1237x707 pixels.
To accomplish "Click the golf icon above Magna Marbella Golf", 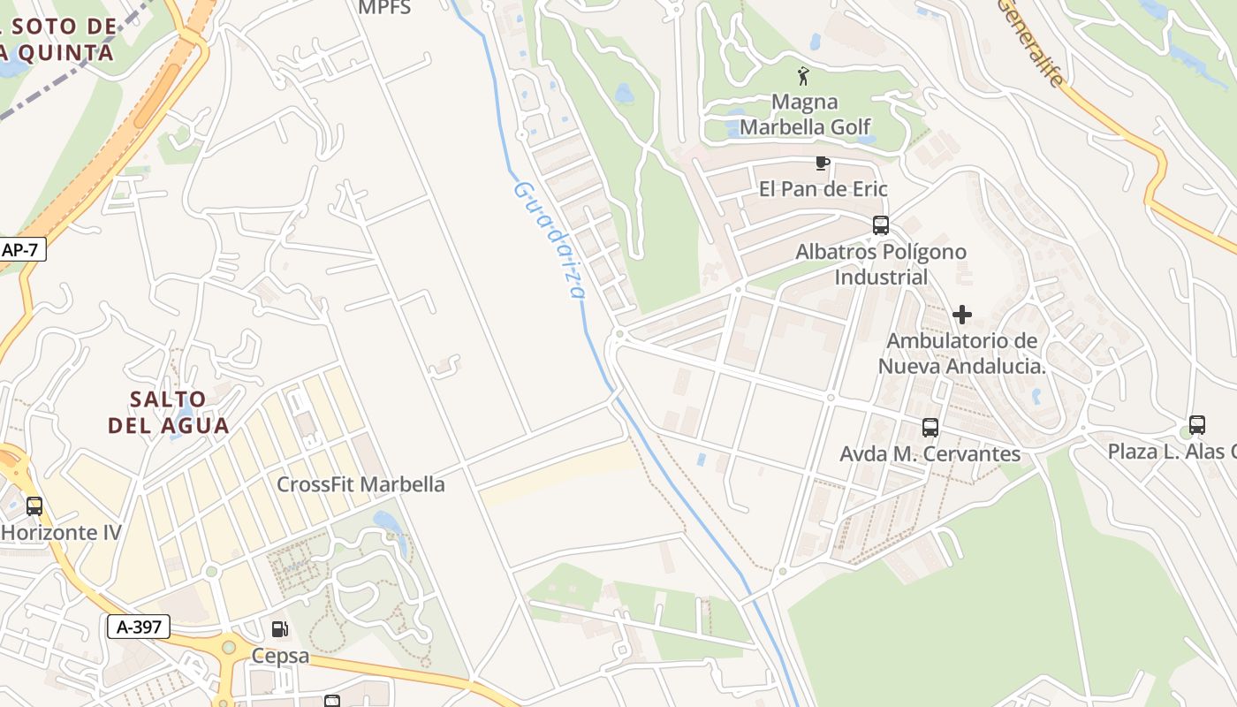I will pyautogui.click(x=802, y=76).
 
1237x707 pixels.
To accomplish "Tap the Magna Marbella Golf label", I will pyautogui.click(x=804, y=114).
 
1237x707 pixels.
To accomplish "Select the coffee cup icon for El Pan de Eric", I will pyautogui.click(x=822, y=163).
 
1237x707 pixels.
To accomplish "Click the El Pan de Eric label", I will pyautogui.click(x=823, y=189).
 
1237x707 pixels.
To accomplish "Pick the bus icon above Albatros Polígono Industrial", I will pyautogui.click(x=880, y=225).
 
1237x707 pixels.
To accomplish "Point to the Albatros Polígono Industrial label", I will pyautogui.click(x=881, y=264).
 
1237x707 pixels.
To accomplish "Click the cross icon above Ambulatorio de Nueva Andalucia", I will pyautogui.click(x=962, y=315).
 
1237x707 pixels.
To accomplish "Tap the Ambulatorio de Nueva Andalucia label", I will pyautogui.click(x=961, y=353).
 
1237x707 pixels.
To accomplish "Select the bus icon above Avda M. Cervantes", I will pyautogui.click(x=930, y=428).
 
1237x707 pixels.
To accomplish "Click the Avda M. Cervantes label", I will pyautogui.click(x=930, y=453).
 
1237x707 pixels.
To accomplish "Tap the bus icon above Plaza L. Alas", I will pyautogui.click(x=1196, y=425).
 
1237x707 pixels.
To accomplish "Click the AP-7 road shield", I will pyautogui.click(x=21, y=250).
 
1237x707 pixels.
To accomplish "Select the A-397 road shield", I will pyautogui.click(x=139, y=627).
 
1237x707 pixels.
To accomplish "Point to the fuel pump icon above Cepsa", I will pyautogui.click(x=280, y=629).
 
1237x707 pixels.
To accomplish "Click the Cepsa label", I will pyautogui.click(x=280, y=656).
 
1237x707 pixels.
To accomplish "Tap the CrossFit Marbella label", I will pyautogui.click(x=360, y=484).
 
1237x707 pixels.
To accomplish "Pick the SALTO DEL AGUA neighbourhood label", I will pyautogui.click(x=168, y=412).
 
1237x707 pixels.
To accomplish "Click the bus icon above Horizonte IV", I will pyautogui.click(x=34, y=506).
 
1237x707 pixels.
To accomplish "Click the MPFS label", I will pyautogui.click(x=384, y=8).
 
